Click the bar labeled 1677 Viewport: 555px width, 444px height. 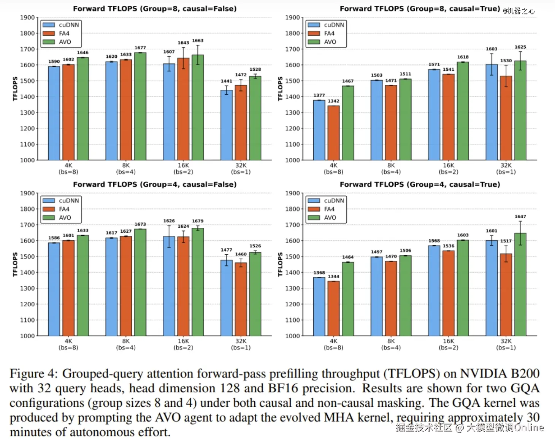click(140, 106)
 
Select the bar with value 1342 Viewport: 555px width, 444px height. click(333, 133)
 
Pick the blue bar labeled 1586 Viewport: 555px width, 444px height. click(54, 289)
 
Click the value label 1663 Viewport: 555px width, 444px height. click(198, 41)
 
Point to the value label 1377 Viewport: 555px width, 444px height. click(319, 95)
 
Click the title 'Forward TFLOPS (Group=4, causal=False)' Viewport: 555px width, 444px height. click(155, 184)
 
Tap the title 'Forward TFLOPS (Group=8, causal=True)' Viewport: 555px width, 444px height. click(420, 9)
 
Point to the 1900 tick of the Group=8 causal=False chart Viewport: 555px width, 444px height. click(27, 17)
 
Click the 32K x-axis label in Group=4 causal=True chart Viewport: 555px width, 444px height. click(506, 341)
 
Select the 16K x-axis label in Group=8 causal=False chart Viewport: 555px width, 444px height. click(183, 166)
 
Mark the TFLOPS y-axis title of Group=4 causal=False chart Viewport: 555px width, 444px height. click(15, 265)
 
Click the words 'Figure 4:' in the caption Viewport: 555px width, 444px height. click(33, 374)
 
